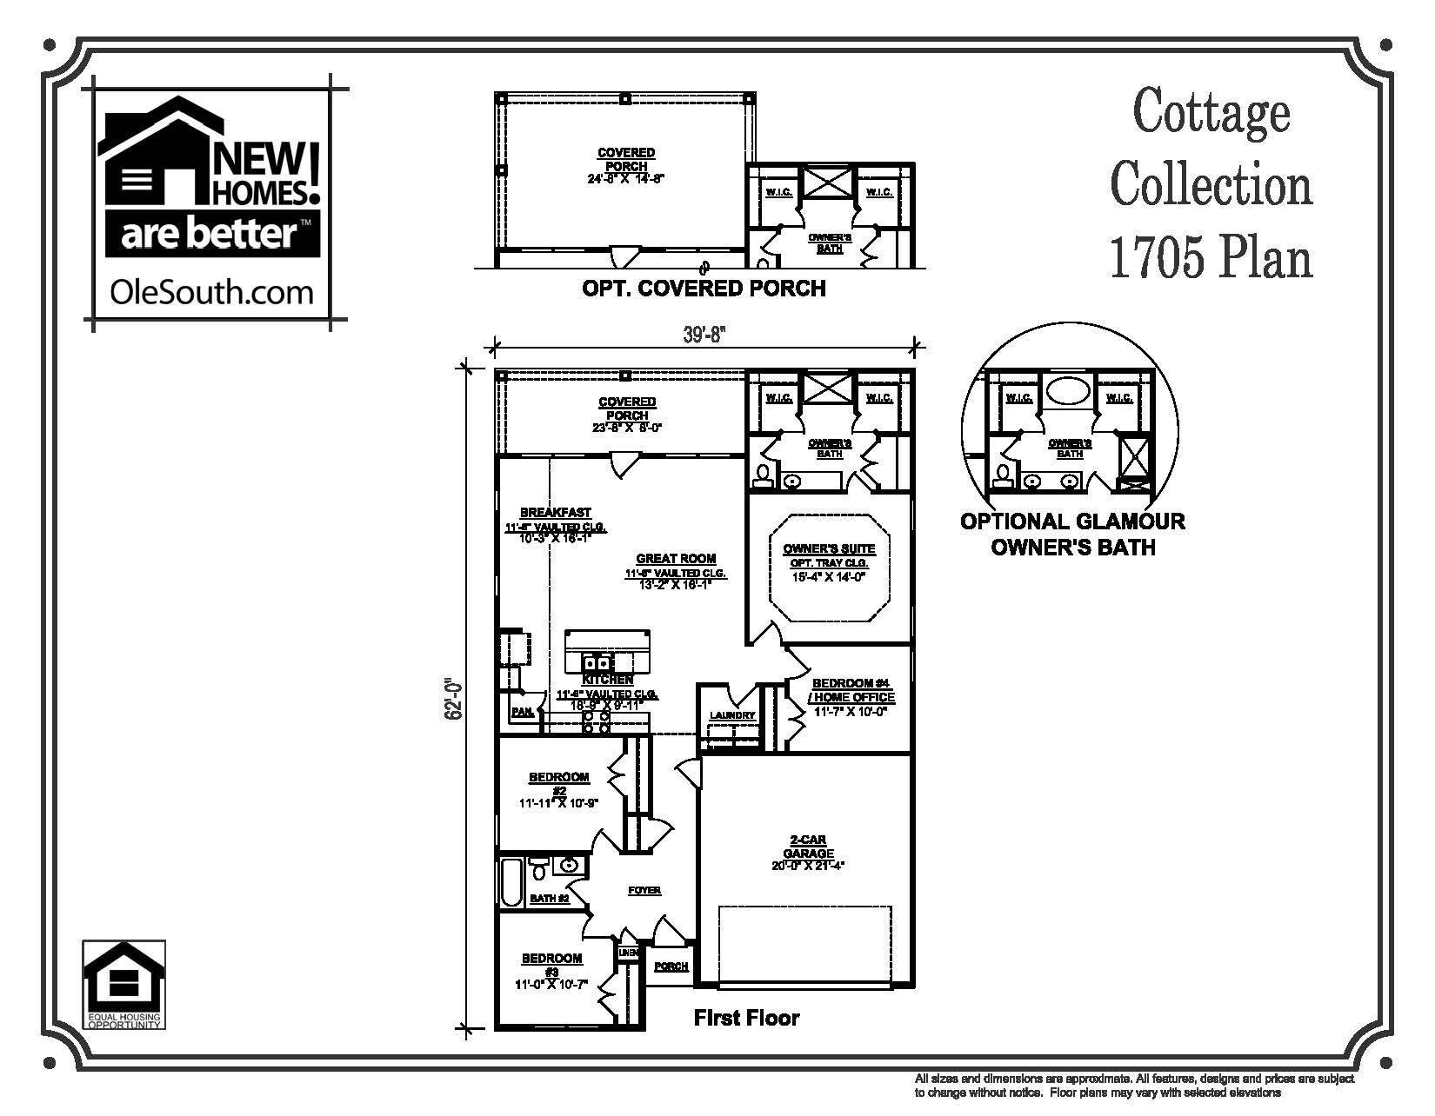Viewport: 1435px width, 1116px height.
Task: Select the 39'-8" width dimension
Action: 704,335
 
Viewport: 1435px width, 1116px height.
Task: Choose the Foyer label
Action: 644,890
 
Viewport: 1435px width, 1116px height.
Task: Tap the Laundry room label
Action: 732,715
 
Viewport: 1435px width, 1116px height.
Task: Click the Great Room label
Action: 676,559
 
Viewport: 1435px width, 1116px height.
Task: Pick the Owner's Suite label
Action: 829,549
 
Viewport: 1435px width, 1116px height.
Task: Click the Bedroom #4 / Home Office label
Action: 852,690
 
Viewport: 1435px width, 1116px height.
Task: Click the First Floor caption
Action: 746,1018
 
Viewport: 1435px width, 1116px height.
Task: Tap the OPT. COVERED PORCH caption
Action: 703,288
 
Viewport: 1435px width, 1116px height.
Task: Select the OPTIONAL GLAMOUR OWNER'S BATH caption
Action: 1072,534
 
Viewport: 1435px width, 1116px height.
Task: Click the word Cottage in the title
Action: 1211,113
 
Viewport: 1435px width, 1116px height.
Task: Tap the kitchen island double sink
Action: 598,662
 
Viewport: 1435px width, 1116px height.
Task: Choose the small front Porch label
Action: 671,967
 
